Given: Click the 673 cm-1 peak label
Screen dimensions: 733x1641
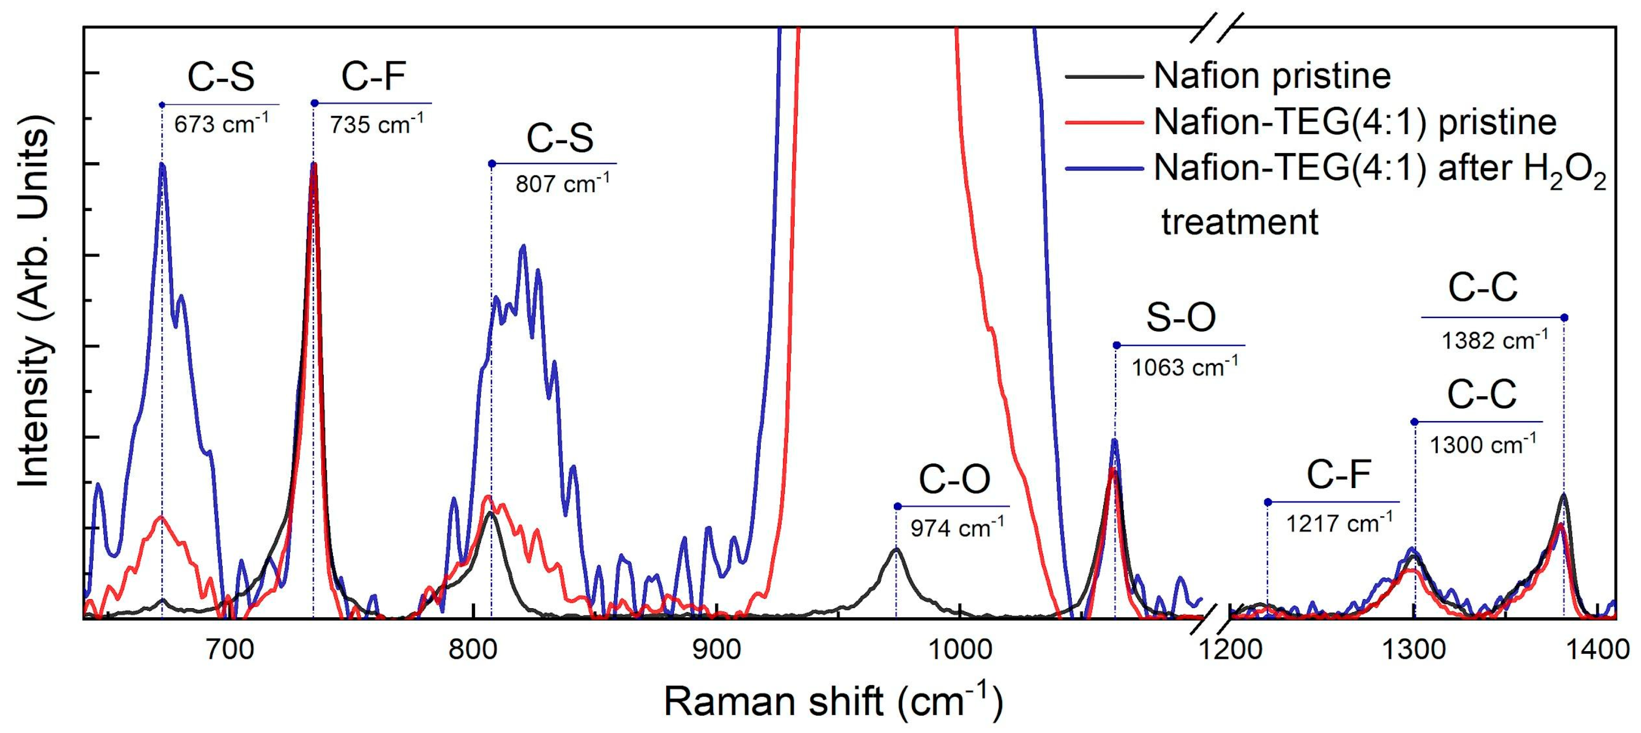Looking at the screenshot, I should click(x=221, y=124).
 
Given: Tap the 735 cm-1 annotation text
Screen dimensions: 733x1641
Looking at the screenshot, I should click(x=376, y=124).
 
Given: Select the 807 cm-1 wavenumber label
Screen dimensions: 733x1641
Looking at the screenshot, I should click(x=562, y=184).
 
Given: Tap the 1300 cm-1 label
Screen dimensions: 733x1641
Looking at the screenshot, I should click(x=1482, y=444).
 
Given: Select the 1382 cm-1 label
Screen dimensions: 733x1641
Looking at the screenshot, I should click(x=1494, y=340).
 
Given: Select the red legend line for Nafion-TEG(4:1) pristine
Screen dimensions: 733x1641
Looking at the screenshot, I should click(x=1104, y=122).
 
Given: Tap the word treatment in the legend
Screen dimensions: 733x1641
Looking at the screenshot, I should click(x=1239, y=222).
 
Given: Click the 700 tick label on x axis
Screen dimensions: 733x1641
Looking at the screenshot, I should click(x=231, y=649).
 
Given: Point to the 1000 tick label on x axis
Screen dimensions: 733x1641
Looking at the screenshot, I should click(x=959, y=649).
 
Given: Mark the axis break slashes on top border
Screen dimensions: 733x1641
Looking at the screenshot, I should click(x=1217, y=28).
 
